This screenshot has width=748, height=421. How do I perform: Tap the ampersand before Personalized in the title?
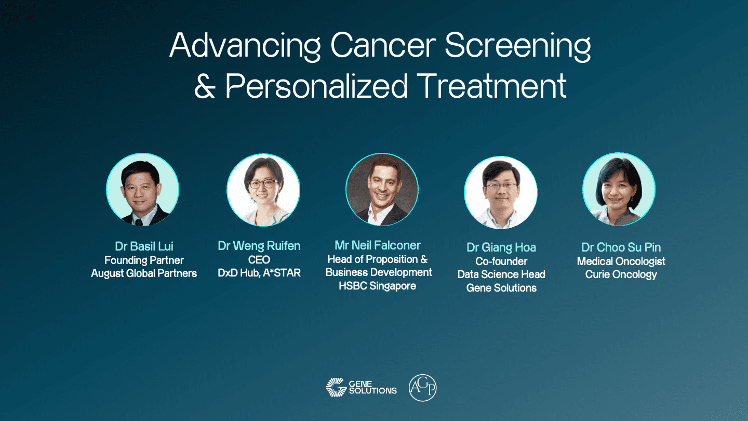pos(205,86)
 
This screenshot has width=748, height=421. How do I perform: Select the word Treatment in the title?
pos(491,86)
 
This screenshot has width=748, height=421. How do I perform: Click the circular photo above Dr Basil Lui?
pos(142,189)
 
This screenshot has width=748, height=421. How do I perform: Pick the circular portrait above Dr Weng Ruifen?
pos(263,190)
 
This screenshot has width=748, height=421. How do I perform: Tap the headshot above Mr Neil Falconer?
pos(382,189)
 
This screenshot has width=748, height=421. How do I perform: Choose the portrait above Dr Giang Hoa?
pos(501,192)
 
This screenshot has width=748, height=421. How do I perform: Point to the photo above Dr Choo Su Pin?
pos(619,189)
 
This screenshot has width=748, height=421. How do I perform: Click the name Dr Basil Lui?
pos(144,246)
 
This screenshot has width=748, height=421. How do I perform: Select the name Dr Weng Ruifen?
pos(259,246)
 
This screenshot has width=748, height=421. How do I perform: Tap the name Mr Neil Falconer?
pos(377,245)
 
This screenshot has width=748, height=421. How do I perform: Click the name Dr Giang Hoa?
pos(501,247)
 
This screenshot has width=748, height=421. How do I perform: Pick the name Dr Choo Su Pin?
pos(621,247)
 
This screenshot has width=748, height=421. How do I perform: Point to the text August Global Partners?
pos(144,273)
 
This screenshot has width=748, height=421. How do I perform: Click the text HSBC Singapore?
pos(377,286)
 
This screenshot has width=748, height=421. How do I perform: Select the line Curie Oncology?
pos(621,274)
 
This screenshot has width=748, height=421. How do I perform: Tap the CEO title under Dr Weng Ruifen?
pos(259,260)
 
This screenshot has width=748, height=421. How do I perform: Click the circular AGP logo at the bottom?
pos(422,388)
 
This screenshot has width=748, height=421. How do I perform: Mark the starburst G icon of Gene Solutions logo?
pos(336,387)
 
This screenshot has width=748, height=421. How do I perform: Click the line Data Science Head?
pos(501,274)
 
